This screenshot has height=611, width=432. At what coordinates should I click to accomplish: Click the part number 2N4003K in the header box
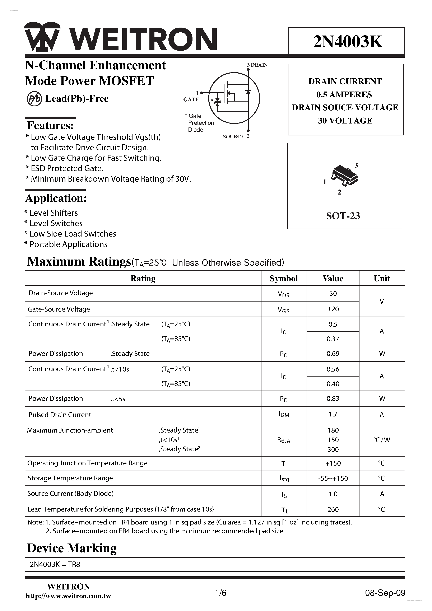(x=347, y=42)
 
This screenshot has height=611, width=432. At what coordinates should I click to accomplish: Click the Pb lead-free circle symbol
(x=34, y=99)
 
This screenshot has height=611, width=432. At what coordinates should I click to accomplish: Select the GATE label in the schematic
(x=191, y=99)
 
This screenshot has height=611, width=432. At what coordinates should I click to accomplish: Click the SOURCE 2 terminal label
(x=236, y=136)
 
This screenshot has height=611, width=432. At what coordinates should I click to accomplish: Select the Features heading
(x=50, y=125)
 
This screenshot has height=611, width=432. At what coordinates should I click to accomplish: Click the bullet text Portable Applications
(x=68, y=244)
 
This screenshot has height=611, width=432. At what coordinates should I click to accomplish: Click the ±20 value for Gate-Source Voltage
(x=333, y=309)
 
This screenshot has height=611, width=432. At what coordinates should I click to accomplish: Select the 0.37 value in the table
(x=333, y=339)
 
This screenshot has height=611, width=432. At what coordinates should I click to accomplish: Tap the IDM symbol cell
(x=284, y=414)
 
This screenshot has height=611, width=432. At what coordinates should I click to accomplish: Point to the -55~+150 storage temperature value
(x=333, y=479)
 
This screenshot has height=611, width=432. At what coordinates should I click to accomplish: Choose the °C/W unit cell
(x=381, y=440)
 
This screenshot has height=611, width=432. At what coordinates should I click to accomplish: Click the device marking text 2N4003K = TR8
(x=55, y=564)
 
